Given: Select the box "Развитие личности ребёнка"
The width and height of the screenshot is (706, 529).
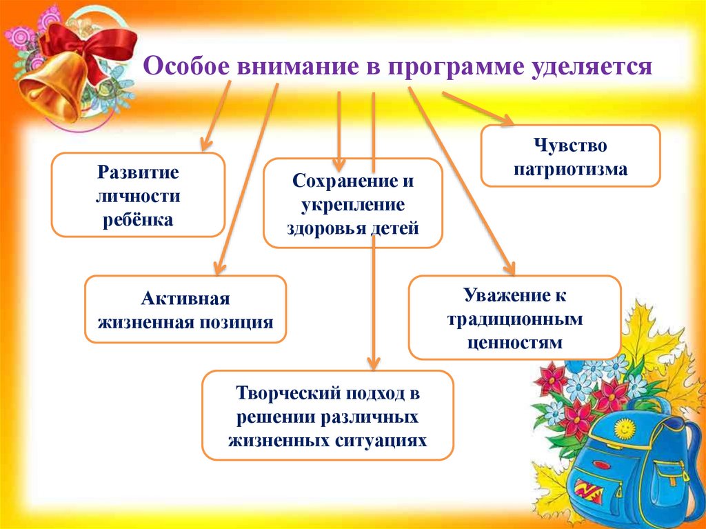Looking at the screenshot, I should click(x=139, y=195).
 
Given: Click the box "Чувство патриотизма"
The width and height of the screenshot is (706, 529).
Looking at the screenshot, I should click(x=570, y=156).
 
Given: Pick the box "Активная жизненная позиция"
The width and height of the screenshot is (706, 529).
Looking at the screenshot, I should click(x=185, y=310).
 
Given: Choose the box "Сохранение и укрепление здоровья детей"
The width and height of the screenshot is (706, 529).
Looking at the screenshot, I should click(x=352, y=203).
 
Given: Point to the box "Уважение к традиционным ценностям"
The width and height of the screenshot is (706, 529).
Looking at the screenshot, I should click(x=514, y=317).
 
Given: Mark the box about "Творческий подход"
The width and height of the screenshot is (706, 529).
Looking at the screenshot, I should click(x=327, y=415).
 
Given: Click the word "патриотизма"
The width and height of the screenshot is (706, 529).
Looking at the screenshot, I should click(x=570, y=168).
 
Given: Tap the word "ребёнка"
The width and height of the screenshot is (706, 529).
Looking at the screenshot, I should click(x=139, y=220).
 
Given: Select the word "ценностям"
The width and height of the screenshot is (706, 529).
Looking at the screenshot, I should click(x=514, y=341).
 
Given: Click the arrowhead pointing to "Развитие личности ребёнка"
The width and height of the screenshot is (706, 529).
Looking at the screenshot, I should click(x=205, y=144).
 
